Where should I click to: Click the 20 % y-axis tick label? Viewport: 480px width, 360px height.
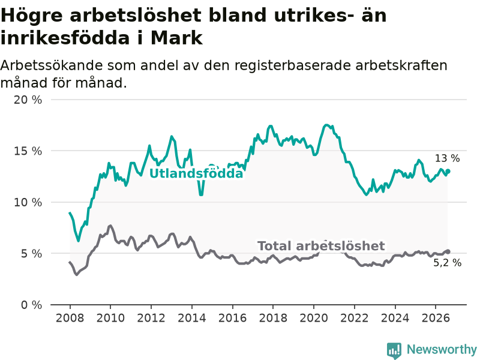28,100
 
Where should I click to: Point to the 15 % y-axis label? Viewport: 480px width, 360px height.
28,151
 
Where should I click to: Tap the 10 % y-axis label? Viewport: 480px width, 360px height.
28,202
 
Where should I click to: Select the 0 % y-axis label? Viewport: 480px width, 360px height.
32,305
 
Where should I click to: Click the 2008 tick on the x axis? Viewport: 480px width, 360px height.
70,318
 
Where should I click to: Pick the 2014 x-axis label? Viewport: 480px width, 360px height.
191,318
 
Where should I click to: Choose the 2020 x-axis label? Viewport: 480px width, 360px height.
313,318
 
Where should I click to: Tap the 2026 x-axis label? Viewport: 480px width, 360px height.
436,318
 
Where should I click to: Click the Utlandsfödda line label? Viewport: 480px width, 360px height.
196,173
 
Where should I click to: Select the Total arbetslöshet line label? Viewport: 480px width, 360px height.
321,246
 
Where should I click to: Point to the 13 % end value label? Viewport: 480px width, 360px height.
447,158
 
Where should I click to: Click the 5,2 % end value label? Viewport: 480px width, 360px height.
447,263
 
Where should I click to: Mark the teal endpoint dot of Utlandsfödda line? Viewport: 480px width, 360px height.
448,172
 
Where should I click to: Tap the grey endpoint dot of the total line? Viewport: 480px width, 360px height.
448,251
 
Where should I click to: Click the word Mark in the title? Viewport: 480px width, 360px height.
176,38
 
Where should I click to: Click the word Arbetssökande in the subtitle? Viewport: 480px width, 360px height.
51,65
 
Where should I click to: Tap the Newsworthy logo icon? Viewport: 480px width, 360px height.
394,350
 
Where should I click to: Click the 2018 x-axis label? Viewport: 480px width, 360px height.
273,318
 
